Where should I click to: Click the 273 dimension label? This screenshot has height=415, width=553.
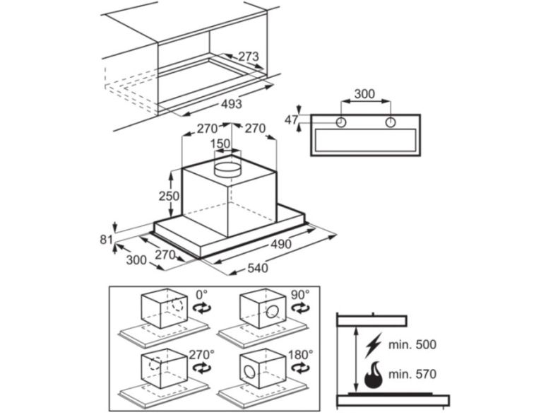coord(249,56)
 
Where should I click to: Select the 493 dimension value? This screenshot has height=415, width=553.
coord(232,104)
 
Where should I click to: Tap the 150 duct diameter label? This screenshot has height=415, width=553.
coord(220,144)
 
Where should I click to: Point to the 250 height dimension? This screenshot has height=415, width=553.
coord(169,196)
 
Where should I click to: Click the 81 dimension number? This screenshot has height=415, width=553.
coord(106,240)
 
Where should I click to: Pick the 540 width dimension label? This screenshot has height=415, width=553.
coord(258,268)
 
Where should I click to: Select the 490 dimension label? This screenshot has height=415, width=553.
coord(281,244)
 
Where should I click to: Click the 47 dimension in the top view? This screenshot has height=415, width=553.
coord(291,120)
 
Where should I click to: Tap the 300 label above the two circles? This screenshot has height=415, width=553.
coord(364,94)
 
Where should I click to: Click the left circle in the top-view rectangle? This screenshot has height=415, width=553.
coord(341,122)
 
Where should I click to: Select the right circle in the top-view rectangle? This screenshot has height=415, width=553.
coord(391,122)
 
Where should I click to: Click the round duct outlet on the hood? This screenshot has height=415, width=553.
coord(228,169)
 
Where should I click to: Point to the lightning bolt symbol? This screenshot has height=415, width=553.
coord(374,344)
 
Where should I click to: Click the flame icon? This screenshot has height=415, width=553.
coord(374,375)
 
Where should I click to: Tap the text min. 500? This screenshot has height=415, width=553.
coord(412,345)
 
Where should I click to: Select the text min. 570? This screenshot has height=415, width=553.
coord(412,374)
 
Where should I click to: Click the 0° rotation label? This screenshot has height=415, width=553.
coord(202,294)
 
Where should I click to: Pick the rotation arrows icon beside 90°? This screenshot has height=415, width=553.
coord(300,308)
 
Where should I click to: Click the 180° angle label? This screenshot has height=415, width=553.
coord(300,354)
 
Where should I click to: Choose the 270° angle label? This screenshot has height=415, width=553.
coord(202,354)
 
